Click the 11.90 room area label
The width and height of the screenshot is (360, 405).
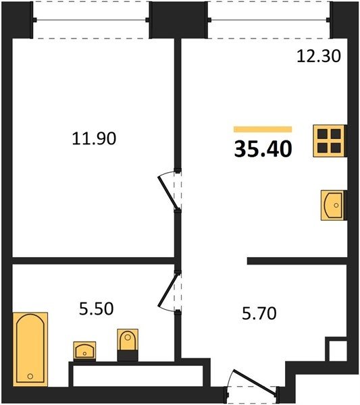[x=94, y=138]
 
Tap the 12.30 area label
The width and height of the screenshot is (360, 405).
[x=319, y=56]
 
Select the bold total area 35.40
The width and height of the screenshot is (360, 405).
[x=263, y=150]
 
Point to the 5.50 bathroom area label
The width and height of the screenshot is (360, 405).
[x=96, y=309]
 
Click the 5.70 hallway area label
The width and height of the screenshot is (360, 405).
[x=259, y=313]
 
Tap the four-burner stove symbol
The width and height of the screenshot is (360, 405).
[x=329, y=141]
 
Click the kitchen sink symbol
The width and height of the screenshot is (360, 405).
[x=332, y=205]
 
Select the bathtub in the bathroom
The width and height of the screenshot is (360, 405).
[x=30, y=349]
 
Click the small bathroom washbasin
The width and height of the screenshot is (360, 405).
[x=84, y=351]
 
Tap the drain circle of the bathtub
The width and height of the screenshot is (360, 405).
[x=30, y=377]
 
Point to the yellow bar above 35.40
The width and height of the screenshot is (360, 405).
[x=263, y=129]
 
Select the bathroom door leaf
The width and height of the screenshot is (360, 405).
[x=168, y=290]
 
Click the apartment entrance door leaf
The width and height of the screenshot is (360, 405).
[x=255, y=382]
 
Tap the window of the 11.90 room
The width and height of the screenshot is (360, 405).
[x=91, y=20]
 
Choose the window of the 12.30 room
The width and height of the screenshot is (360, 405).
[x=269, y=20]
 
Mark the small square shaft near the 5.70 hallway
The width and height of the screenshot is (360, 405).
[x=338, y=351]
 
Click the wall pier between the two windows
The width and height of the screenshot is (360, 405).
[x=178, y=20]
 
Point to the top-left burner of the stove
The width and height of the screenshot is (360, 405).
[x=323, y=134]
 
